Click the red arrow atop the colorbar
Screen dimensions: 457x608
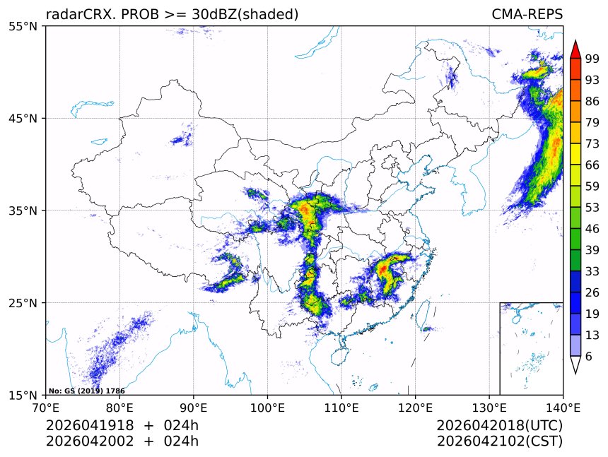tap(575, 49)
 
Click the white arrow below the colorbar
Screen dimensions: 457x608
tap(575, 364)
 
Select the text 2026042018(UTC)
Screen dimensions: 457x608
tap(499, 426)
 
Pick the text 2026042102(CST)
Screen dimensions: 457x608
tap(499, 441)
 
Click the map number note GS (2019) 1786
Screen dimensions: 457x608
tap(87, 391)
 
